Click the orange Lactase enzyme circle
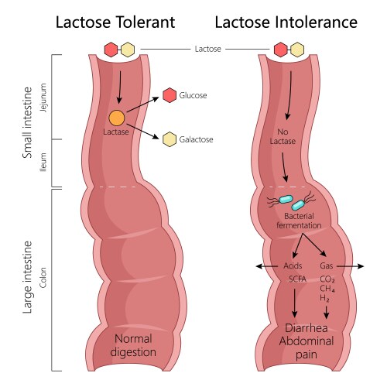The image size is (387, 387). pyautogui.click(x=117, y=118)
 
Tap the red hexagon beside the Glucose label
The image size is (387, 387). pyautogui.click(x=170, y=95)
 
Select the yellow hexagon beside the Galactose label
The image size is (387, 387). pyautogui.click(x=170, y=139)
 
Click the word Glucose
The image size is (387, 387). pyautogui.click(x=193, y=95)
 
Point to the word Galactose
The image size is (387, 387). pyautogui.click(x=196, y=139)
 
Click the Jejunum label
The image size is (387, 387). pyautogui.click(x=43, y=98)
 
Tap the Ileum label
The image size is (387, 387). pyautogui.click(x=43, y=162)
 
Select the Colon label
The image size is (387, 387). pyautogui.click(x=43, y=278)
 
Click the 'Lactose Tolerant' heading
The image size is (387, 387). pyautogui.click(x=115, y=22)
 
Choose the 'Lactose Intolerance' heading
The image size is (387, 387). pyautogui.click(x=286, y=22)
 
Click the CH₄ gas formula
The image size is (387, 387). pyautogui.click(x=327, y=289)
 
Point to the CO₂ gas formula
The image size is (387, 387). pyautogui.click(x=327, y=279)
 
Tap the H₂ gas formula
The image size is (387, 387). pyautogui.click(x=324, y=298)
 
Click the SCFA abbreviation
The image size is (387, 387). pyautogui.click(x=297, y=279)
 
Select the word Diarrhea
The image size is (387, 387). pyautogui.click(x=307, y=328)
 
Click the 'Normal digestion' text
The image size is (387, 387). pyautogui.click(x=133, y=346)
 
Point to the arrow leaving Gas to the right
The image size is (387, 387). pyautogui.click(x=350, y=266)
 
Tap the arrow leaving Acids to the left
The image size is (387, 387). pyautogui.click(x=267, y=266)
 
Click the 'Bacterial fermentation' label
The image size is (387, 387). pyautogui.click(x=299, y=221)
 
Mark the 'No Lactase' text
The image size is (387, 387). pyautogui.click(x=283, y=136)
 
